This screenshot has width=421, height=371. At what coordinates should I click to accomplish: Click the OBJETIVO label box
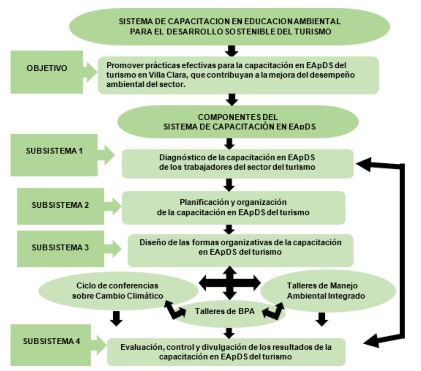(47, 68)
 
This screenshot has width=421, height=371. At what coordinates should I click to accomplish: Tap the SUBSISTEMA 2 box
(60, 205)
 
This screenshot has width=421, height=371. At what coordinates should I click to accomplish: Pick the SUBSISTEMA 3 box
(60, 248)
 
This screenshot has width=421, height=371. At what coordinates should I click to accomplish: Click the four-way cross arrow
(230, 283)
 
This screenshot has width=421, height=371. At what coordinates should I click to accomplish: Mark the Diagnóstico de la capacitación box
(238, 163)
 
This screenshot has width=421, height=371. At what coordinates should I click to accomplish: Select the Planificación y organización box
(233, 207)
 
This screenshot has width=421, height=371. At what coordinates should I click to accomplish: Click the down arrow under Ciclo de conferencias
(117, 317)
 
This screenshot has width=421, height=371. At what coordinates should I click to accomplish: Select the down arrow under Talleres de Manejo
(322, 318)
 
